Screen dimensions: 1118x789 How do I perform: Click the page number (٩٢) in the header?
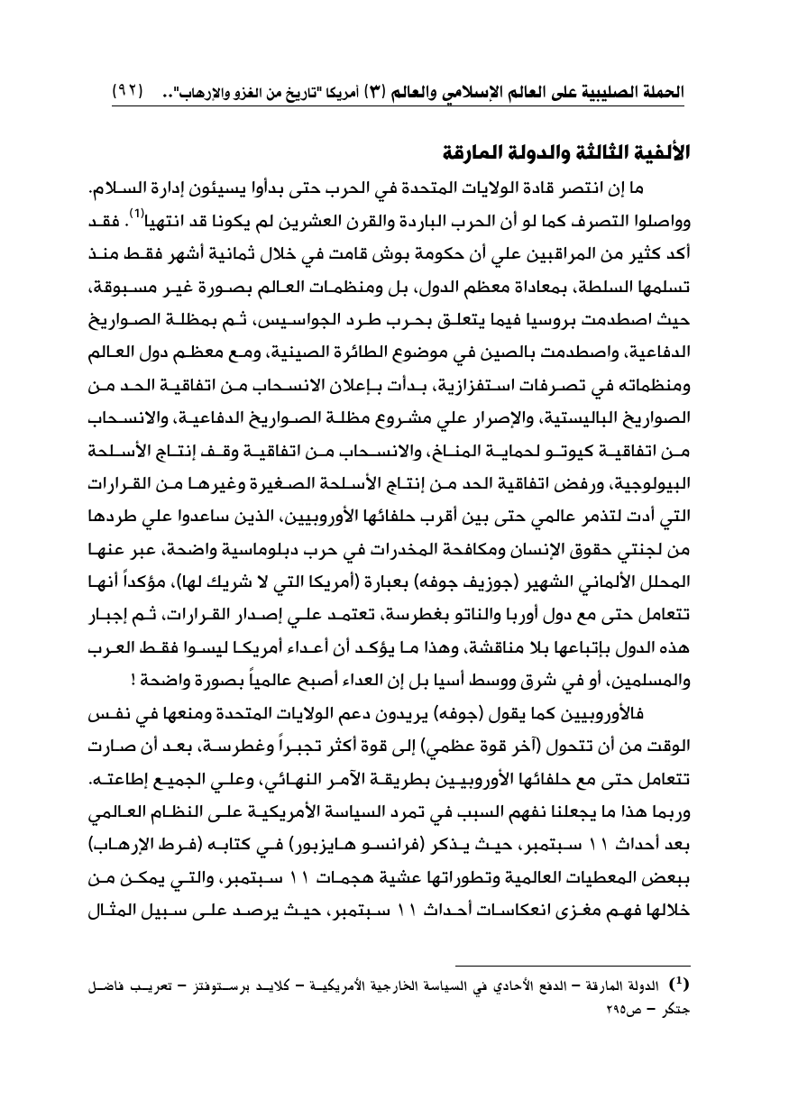coord(129,92)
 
